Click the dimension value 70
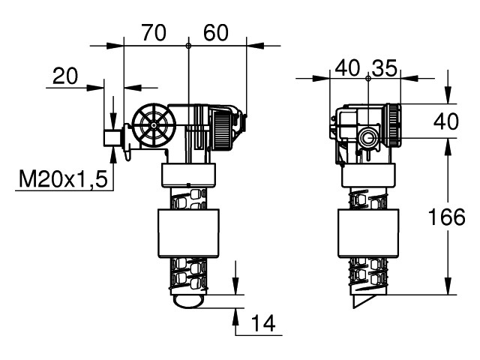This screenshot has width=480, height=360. [154, 33]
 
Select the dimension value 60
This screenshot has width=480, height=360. [216, 33]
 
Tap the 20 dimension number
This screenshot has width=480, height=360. [65, 76]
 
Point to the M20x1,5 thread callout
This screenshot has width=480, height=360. [63, 179]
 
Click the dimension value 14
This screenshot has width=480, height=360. [263, 323]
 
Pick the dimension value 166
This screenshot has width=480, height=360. [446, 217]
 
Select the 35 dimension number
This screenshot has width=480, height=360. [385, 68]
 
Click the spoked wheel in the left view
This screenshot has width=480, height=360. [154, 124]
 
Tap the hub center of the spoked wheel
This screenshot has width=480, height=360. [154, 124]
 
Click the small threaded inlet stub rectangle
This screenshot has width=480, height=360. [112, 138]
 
